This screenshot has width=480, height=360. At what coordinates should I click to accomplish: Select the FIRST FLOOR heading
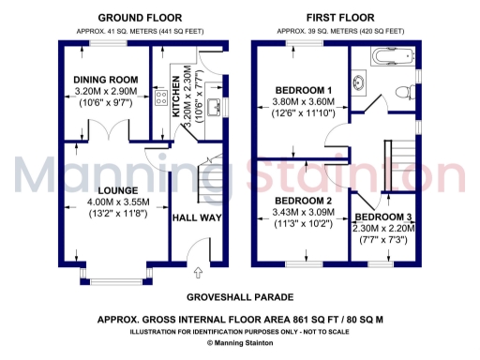(x=339, y=18)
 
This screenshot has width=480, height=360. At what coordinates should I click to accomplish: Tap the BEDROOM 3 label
(x=384, y=217)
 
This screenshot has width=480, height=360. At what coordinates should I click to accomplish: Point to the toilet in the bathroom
(x=403, y=92)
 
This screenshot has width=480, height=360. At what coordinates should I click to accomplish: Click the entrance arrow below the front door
(x=198, y=274)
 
